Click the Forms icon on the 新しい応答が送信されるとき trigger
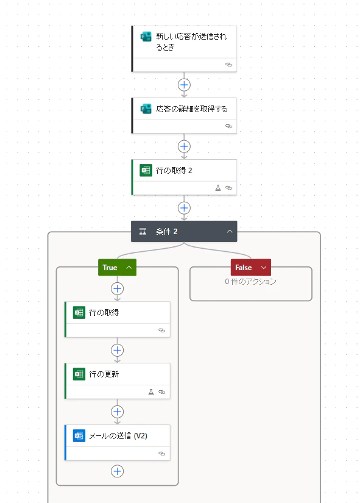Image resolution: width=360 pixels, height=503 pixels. tap(146, 37)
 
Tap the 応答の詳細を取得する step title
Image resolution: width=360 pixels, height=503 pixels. tap(192, 109)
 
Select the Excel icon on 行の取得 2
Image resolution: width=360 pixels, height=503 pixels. tap(146, 170)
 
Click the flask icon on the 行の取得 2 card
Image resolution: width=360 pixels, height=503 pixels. tap(218, 188)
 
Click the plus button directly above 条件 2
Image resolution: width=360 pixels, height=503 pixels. tap(184, 208)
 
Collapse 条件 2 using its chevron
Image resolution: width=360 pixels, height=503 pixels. tap(230, 231)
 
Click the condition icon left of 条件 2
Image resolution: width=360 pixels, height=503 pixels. tap(143, 231)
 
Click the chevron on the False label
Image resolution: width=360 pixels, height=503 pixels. tap(264, 268)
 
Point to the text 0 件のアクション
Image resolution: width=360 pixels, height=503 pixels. tap(250, 282)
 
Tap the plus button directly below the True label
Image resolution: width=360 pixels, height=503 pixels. tap(118, 289)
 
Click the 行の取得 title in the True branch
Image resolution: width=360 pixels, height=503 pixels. tap(104, 312)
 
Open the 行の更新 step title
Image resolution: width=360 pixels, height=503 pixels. tap(104, 374)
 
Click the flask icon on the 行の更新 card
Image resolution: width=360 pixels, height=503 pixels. tap(151, 392)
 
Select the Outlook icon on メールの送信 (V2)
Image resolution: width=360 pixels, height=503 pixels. tap(79, 436)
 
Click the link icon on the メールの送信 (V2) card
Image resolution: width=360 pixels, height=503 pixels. tap(162, 454)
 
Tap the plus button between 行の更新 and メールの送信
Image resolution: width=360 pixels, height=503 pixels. tap(118, 412)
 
